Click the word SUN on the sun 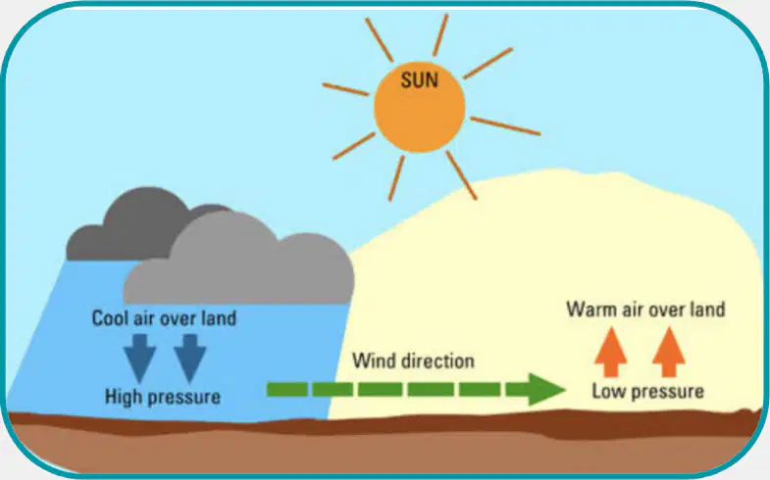pos(420,80)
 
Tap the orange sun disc pos(420,107)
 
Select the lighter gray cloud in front pos(239,260)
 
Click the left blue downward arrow pos(139,358)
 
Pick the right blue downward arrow pos(189,358)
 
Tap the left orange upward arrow pos(610,352)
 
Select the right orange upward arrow pos(668,352)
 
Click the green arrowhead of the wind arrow pos(546,389)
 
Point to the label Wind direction pos(414,361)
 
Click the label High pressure pos(163,397)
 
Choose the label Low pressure pos(647,392)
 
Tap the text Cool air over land pos(164,318)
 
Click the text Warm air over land pos(645,310)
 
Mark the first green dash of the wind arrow pos(287,389)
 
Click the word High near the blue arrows pos(124,397)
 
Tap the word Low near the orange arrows pos(607,392)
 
